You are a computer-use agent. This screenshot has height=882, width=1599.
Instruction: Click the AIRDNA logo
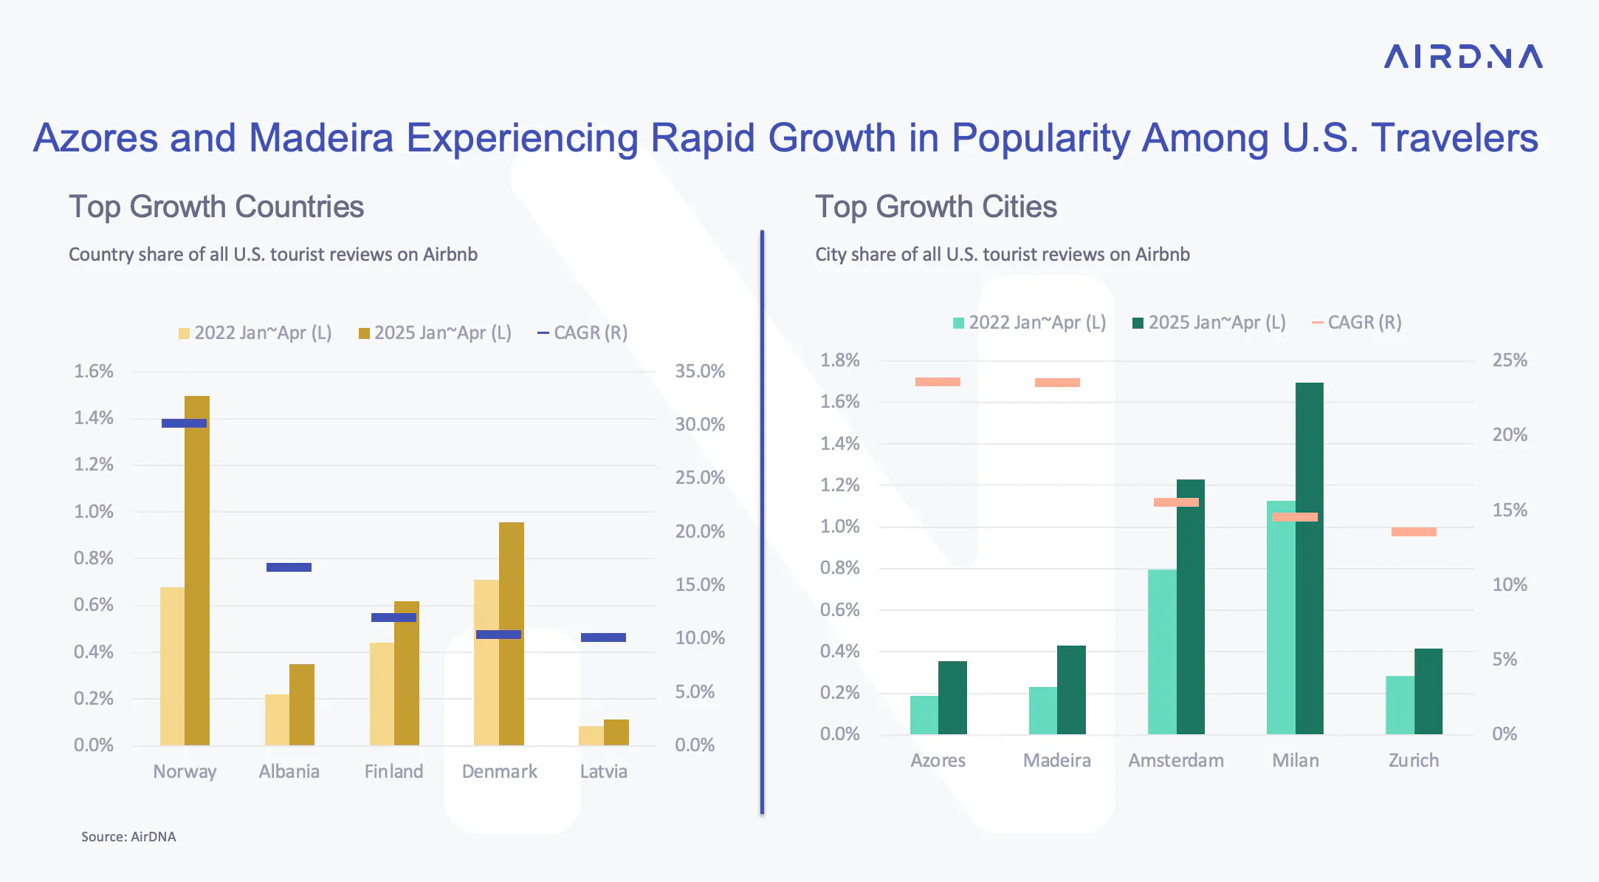pos(1463,57)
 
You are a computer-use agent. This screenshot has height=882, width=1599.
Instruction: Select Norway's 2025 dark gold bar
pos(197,570)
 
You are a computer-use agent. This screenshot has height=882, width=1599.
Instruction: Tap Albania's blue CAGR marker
pos(289,567)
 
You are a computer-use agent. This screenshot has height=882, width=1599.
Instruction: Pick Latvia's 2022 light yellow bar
pos(591,736)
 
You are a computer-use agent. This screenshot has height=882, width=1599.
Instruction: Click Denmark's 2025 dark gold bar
pos(512,634)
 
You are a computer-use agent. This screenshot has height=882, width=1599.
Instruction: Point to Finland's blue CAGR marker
pos(393,618)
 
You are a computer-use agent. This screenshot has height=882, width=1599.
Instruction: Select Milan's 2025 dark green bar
pos(1310,558)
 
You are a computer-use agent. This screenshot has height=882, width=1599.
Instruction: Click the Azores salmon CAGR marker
pos(938,382)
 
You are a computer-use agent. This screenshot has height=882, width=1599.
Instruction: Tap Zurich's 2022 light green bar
pos(1400,705)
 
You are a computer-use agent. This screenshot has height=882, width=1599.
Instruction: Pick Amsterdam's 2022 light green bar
pos(1162,652)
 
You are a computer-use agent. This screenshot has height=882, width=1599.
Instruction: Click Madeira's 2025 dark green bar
pos(1071,690)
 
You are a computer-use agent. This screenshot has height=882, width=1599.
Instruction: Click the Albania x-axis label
pos(289,772)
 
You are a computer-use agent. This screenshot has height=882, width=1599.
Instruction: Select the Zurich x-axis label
pos(1414,761)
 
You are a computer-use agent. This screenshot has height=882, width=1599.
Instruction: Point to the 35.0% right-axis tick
pos(700,372)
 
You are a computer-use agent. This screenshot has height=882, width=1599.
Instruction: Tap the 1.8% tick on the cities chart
pos(840,360)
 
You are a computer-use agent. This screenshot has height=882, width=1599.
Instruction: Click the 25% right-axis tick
pos(1510,360)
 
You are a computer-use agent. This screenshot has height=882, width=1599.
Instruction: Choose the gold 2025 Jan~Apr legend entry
pos(435,333)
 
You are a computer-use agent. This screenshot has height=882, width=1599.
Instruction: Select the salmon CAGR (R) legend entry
pos(1356,323)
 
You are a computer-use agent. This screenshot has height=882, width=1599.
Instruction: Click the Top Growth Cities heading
pos(936,208)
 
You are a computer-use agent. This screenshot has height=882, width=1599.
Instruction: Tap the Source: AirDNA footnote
pos(128,837)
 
